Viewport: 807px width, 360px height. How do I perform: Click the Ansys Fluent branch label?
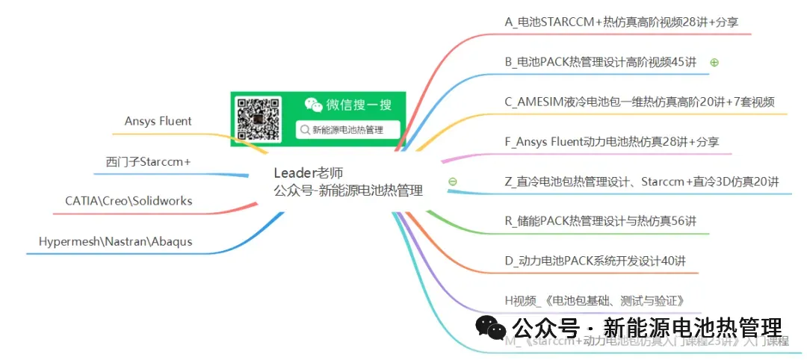coord(158,121)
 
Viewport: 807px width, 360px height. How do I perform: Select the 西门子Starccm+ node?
coord(148,161)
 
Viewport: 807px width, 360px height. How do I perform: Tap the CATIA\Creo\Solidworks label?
coord(129,201)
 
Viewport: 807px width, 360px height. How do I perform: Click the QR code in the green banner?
coord(258,119)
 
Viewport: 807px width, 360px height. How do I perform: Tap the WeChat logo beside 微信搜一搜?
coord(313,105)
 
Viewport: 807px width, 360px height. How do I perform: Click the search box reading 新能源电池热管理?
coord(348,130)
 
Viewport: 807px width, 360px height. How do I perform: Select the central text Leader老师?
coord(309,173)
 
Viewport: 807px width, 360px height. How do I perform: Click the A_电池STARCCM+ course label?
coord(621,22)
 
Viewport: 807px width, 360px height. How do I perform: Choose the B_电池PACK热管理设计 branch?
coord(600,62)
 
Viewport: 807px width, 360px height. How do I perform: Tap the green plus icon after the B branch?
coord(714,63)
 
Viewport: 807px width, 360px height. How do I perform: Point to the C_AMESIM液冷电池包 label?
coord(639,102)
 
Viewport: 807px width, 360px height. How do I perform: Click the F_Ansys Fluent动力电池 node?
coord(612,141)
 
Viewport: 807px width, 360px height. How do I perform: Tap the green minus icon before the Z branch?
coord(452,181)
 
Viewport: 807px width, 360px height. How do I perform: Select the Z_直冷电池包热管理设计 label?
coord(642,181)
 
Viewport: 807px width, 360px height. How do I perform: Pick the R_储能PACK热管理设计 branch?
coord(600,220)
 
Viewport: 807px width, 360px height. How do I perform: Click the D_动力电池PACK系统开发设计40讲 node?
coord(595,261)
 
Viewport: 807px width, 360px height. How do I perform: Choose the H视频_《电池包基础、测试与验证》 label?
coord(595,301)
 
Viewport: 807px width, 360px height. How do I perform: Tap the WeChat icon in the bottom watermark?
coord(489,327)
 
